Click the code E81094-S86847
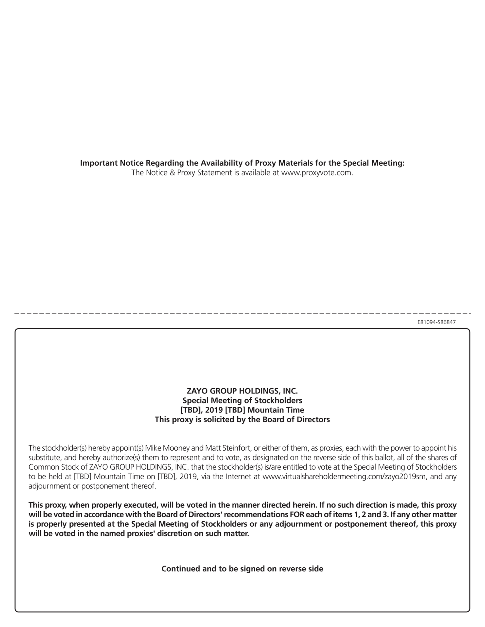pos(436,322)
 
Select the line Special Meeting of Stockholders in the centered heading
pos(242,400)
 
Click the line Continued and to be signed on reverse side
pos(242,569)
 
